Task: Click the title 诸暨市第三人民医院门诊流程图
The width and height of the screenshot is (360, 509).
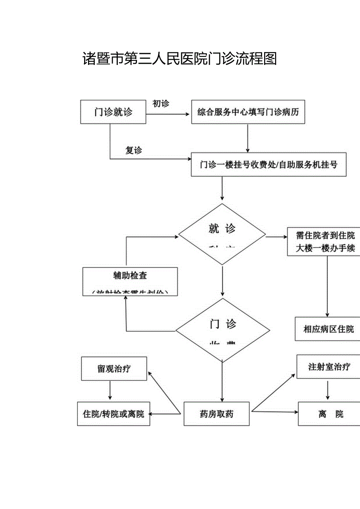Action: pos(180,59)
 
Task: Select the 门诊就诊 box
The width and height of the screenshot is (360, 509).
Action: pos(113,112)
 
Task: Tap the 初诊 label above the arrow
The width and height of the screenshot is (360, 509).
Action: pos(160,104)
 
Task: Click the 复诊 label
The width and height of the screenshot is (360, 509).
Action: pos(133,150)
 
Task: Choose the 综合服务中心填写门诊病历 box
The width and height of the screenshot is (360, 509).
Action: pos(248,112)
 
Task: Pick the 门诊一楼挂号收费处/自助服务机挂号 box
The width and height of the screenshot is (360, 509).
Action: pos(268,165)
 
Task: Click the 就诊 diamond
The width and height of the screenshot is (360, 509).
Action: pos(222,234)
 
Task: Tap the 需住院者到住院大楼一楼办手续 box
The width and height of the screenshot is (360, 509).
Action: pos(325,242)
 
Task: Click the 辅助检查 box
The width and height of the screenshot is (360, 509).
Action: pos(130,281)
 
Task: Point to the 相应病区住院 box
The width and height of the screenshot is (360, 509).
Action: pos(328,329)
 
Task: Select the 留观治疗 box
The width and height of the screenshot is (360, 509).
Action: pos(114,369)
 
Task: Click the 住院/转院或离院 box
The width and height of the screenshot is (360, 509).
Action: pos(113,414)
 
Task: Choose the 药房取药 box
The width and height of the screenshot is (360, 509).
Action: pos(216,414)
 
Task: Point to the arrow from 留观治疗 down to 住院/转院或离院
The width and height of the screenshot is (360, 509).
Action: pos(110,390)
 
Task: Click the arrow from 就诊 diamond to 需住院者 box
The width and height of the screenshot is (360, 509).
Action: pos(276,237)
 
